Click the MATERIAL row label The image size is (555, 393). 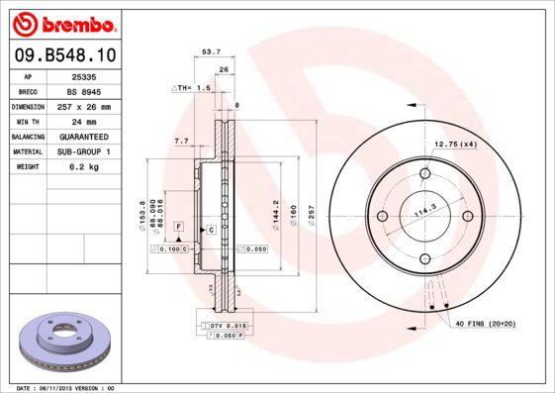(x=27, y=151)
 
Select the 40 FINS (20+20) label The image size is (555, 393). (x=485, y=324)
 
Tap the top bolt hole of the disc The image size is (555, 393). (x=425, y=174)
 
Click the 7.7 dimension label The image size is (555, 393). (x=181, y=142)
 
